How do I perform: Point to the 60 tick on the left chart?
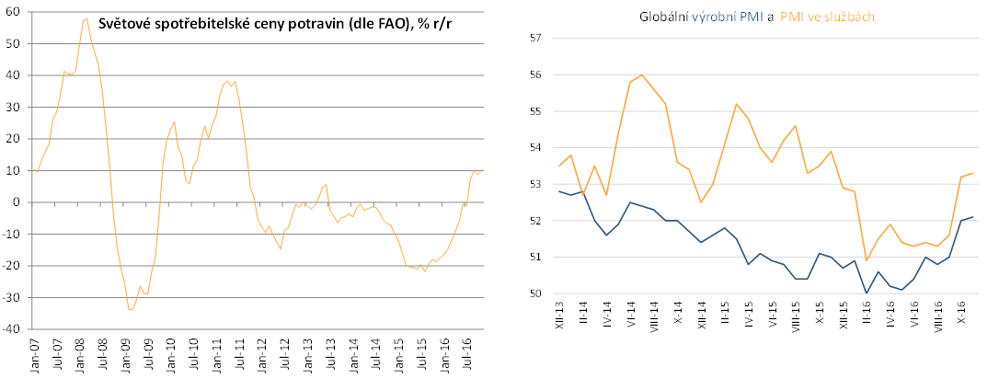tap(14, 12)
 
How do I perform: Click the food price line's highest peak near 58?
tap(86, 17)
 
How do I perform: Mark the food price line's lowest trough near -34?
tap(130, 310)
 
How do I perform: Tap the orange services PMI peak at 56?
tap(641, 75)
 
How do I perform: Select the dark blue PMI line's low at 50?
tap(866, 293)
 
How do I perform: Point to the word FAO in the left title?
tap(381, 25)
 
